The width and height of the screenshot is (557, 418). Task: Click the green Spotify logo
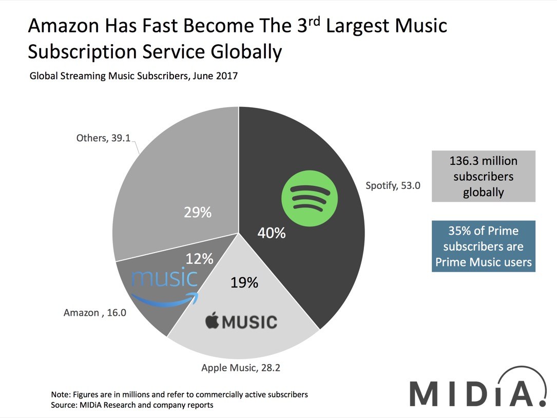pos(310,197)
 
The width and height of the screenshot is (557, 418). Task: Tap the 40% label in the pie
pos(271,233)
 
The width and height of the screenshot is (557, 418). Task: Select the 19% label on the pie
pos(244,282)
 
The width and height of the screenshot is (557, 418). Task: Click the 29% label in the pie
pos(198,212)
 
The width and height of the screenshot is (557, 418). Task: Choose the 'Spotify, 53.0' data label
pos(393,186)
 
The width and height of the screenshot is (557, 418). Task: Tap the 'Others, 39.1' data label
pos(103,138)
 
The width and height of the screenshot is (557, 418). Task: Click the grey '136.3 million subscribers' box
pos(483,177)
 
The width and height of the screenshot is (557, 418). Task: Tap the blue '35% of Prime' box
pos(483,246)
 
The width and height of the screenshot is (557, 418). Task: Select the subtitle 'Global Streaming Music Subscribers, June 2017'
pos(133,76)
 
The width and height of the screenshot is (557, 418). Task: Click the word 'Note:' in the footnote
pos(62,395)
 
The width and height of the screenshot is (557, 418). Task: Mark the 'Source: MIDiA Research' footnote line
pos(132,405)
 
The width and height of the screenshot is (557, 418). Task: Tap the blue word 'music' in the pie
pos(164,278)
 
